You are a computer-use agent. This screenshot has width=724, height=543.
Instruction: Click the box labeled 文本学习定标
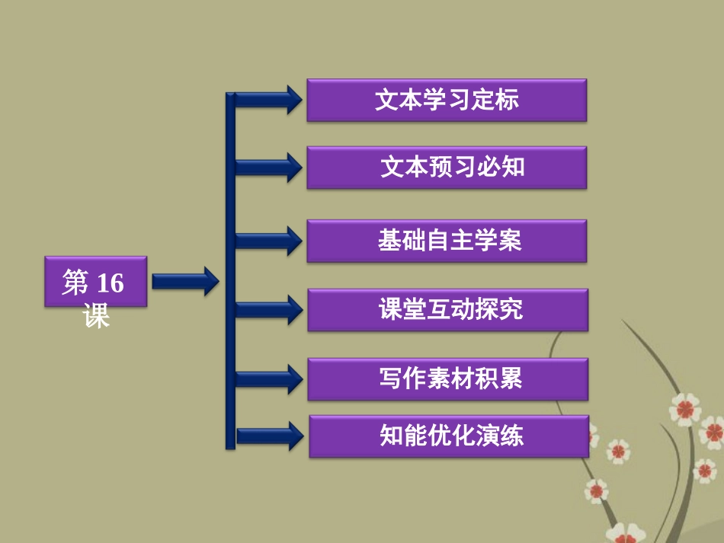point(447,100)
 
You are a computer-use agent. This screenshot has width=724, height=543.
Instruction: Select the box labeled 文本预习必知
point(447,168)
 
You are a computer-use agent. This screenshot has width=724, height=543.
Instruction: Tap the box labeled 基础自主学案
point(447,241)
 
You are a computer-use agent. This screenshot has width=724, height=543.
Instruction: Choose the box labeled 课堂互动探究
point(447,310)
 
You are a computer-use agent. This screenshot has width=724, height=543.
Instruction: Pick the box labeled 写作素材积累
point(447,379)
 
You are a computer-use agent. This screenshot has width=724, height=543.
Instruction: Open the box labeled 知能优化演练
point(448,436)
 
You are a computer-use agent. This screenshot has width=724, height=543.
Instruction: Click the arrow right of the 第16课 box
point(184,282)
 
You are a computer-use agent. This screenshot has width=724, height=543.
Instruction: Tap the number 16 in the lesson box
point(110,283)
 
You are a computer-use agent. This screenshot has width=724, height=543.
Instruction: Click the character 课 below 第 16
point(97,315)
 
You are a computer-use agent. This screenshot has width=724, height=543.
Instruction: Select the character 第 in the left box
point(75,283)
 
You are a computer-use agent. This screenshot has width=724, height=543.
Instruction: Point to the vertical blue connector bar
point(230,270)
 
